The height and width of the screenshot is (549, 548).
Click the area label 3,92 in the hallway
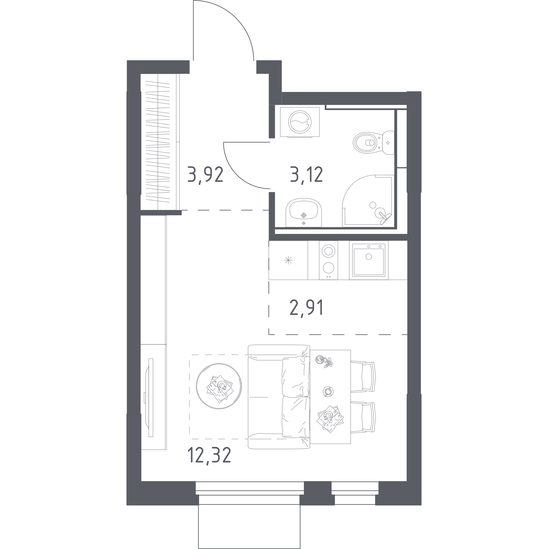point(205,175)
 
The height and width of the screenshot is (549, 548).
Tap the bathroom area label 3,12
point(306,174)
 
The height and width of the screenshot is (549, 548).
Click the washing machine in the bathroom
point(300,122)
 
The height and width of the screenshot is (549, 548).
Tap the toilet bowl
point(373,143)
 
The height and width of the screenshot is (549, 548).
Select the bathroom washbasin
point(304,213)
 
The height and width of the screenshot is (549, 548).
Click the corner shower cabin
point(368,201)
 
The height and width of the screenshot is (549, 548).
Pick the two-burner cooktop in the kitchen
point(329,260)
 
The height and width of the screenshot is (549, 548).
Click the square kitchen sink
point(369,260)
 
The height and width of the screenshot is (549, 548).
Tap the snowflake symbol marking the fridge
point(288,260)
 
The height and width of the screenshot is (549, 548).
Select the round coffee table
point(219,386)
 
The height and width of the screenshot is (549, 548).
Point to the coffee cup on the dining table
point(328,392)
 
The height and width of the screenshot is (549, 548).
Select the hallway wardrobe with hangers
point(160,142)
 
